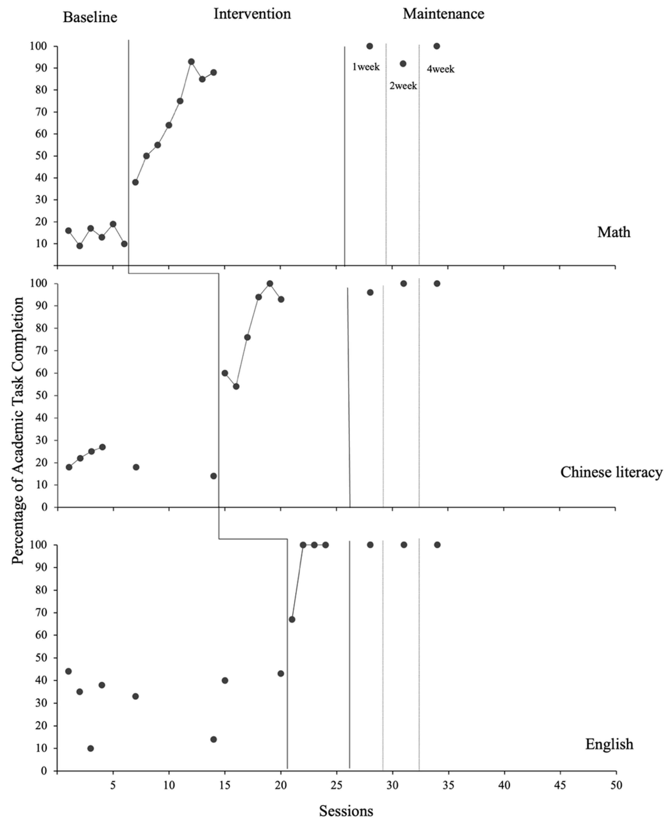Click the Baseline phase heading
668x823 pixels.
point(90,17)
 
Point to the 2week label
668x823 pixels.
point(403,86)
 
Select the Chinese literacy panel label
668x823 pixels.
point(611,472)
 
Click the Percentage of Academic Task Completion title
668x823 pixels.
point(18,430)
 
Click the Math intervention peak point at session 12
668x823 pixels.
point(191,62)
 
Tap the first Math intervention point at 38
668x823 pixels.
point(135,182)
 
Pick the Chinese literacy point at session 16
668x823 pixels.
point(236,386)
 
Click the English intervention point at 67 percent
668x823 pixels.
point(292,619)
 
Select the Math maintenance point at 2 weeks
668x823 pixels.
point(403,64)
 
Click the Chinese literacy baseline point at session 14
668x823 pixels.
point(214,476)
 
